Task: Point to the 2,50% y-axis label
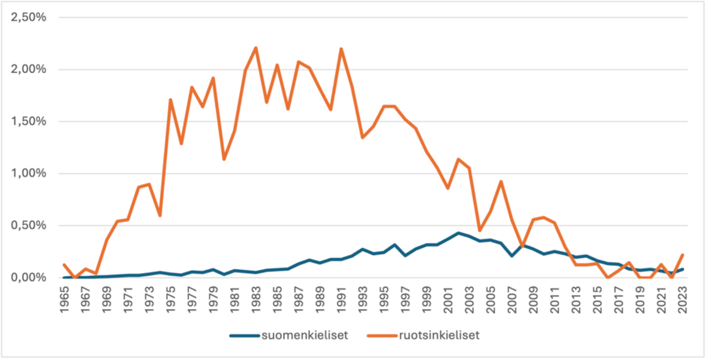click(x=27, y=17)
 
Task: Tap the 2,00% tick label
click(x=27, y=70)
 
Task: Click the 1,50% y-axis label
click(x=27, y=122)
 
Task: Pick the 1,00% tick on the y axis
click(x=27, y=173)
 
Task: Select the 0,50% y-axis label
click(x=27, y=226)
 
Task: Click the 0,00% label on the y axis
click(x=27, y=278)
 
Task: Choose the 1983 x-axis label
click(x=256, y=301)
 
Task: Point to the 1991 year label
click(x=341, y=301)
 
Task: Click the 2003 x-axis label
click(x=469, y=301)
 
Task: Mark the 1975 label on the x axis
click(x=170, y=301)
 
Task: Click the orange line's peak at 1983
click(x=256, y=48)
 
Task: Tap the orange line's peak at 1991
click(x=341, y=49)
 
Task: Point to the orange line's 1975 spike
click(x=170, y=100)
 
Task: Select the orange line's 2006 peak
click(x=501, y=181)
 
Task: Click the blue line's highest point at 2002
click(x=458, y=233)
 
